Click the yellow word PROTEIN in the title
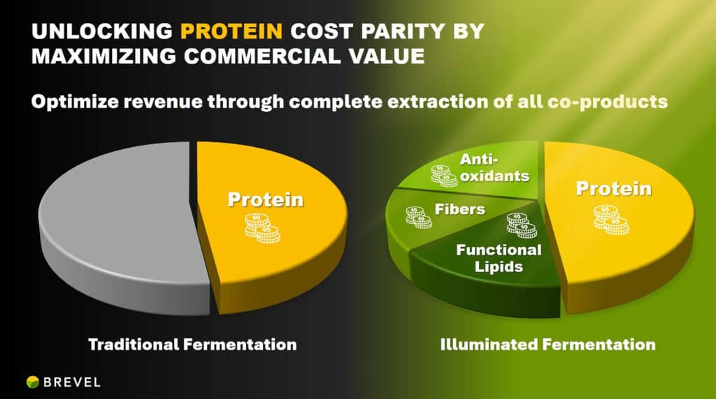pyautogui.click(x=231, y=31)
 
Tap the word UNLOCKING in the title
pyautogui.click(x=102, y=31)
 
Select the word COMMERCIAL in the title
pyautogui.click(x=262, y=56)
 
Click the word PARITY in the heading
pyautogui.click(x=403, y=31)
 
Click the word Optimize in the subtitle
pyautogui.click(x=75, y=101)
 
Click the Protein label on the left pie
pyautogui.click(x=265, y=199)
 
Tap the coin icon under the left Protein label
pyautogui.click(x=263, y=227)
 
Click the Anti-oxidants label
pyautogui.click(x=494, y=167)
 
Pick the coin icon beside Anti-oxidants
pyautogui.click(x=444, y=176)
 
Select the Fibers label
pyautogui.click(x=459, y=209)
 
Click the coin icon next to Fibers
pyautogui.click(x=419, y=217)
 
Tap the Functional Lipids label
pyautogui.click(x=499, y=258)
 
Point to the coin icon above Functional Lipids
pyautogui.click(x=522, y=225)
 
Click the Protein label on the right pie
pyautogui.click(x=613, y=188)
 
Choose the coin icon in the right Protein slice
pyautogui.click(x=611, y=219)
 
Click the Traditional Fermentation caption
pyautogui.click(x=192, y=344)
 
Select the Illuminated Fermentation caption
pyautogui.click(x=548, y=344)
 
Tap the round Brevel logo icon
pyautogui.click(x=32, y=382)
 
